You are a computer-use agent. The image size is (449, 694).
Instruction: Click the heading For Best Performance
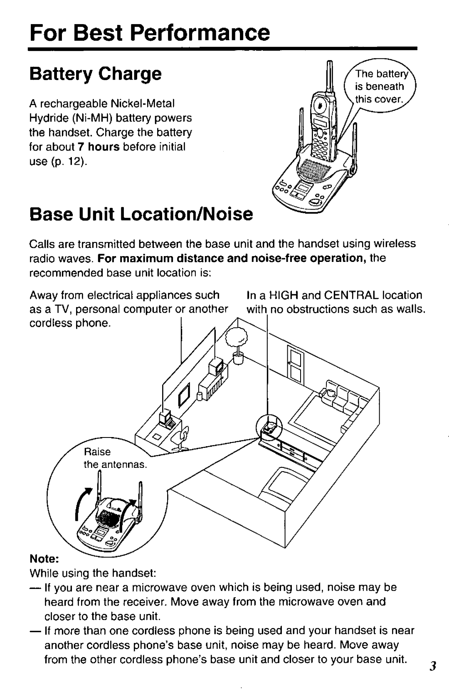150,32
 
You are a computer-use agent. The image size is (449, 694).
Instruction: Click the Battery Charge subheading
95,74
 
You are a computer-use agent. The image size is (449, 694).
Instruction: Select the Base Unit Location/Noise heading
141,214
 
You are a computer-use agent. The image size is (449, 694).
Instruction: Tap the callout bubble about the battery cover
379,86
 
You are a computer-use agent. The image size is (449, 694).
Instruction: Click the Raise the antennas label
115,458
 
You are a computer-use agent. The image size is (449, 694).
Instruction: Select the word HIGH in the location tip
282,295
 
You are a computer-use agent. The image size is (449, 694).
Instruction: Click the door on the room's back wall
295,363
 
